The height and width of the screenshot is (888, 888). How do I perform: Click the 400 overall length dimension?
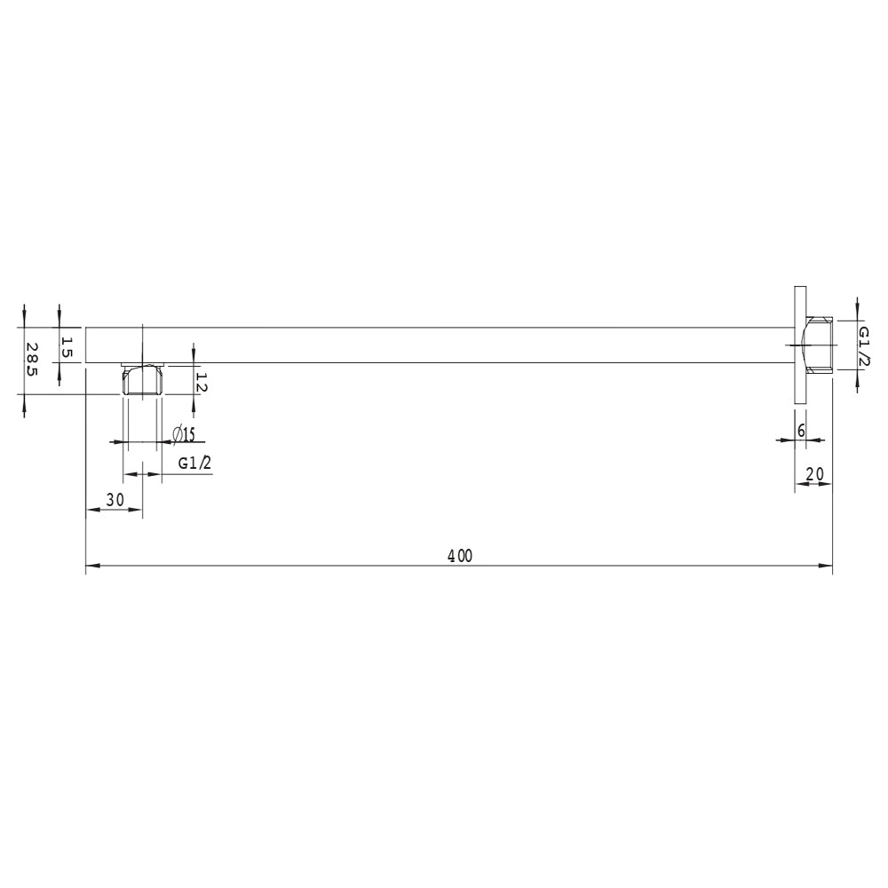click(x=459, y=556)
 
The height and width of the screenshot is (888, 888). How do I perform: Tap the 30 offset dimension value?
click(x=115, y=499)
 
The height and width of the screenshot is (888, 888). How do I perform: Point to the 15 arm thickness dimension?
click(x=67, y=347)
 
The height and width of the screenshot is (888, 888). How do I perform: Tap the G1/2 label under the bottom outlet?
click(x=194, y=464)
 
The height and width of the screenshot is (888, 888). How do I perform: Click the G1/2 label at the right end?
click(x=864, y=346)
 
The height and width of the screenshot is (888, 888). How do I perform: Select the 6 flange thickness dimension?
click(x=801, y=431)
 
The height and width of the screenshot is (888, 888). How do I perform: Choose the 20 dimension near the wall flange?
click(x=815, y=473)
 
